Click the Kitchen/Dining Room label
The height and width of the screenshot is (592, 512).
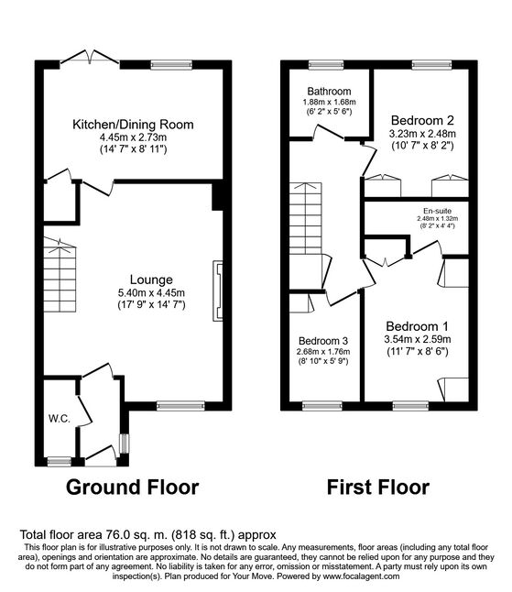[x=133, y=125]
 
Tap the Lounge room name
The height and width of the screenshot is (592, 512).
[x=151, y=280]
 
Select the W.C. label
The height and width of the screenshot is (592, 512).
[x=60, y=418]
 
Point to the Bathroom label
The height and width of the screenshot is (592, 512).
[x=329, y=91]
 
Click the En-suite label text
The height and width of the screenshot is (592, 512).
[x=437, y=211]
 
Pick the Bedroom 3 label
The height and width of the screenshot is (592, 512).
[x=323, y=341]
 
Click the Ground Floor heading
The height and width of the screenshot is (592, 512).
[x=133, y=487]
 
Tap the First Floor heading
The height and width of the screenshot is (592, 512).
[x=378, y=487]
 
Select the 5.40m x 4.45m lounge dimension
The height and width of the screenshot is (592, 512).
[x=151, y=292]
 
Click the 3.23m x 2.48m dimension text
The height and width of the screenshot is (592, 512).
[x=422, y=133]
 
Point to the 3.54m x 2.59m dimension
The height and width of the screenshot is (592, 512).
[x=418, y=339]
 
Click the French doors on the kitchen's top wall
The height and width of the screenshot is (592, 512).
[x=90, y=57]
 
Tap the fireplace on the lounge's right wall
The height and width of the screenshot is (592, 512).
[x=218, y=291]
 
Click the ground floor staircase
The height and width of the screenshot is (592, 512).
[x=60, y=275]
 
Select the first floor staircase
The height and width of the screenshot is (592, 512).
[x=306, y=218]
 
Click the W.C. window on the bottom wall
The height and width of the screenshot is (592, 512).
[x=60, y=461]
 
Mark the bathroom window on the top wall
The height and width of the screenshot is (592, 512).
[x=326, y=64]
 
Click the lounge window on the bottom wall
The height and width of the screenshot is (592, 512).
[x=180, y=406]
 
